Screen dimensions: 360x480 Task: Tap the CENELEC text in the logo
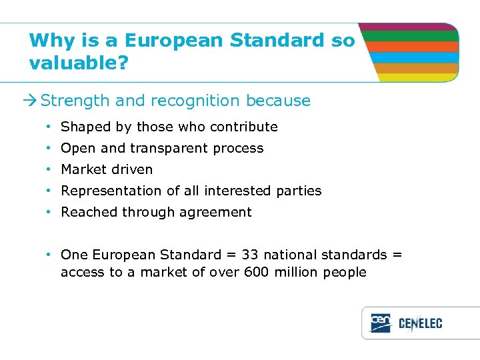point(420,323)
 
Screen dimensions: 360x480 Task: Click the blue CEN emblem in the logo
point(380,323)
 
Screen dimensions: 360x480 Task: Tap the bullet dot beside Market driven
point(50,169)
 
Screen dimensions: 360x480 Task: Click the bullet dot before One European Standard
point(50,255)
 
